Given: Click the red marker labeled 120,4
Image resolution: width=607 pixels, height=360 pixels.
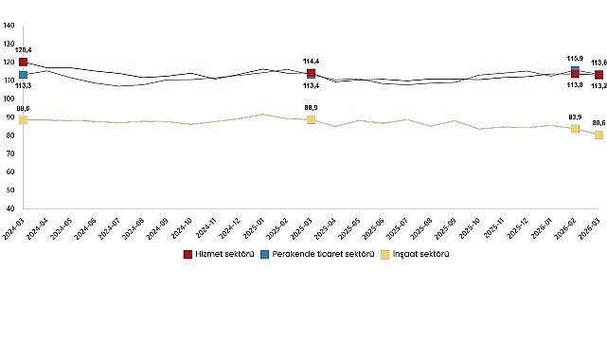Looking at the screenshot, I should coord(23,63).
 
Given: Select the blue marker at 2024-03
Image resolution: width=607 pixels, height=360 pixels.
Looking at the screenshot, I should coord(23,75).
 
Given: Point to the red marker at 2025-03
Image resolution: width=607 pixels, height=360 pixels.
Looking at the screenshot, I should coord(311,73).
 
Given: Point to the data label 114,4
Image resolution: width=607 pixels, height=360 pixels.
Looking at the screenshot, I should coord(311,62).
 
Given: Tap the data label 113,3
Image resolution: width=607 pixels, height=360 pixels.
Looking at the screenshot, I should coord(23,86).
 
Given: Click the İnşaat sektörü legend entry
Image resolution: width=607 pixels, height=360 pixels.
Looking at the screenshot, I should coord(416,254).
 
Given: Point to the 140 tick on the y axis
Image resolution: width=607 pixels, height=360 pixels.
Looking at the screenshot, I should coord(9,26).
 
